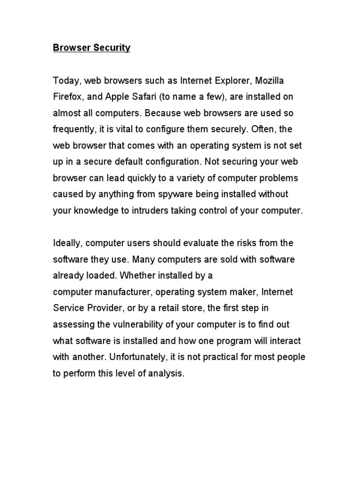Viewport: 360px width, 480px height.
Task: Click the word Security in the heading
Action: pos(111,48)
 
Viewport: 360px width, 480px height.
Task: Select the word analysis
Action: pos(166,374)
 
